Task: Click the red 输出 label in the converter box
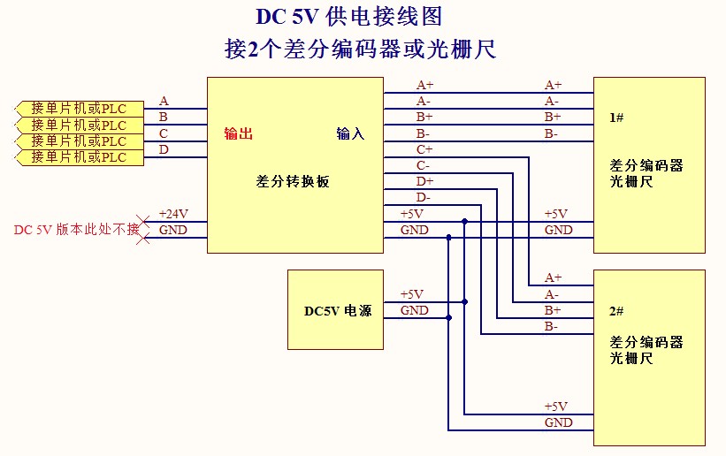point(239,134)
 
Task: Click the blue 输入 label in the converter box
point(350,134)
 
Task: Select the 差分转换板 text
point(293,181)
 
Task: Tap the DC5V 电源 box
point(336,310)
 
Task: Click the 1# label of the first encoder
point(617,118)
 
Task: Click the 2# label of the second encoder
point(617,312)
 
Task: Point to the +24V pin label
point(173,214)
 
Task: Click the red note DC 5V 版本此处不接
point(77,230)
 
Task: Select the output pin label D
point(164,149)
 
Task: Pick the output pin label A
point(164,102)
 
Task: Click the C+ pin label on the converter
point(424,149)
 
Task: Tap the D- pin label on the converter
point(424,197)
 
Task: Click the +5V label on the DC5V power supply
point(412,294)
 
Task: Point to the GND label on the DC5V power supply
point(414,310)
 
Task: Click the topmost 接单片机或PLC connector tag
point(79,109)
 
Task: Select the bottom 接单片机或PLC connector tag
point(79,157)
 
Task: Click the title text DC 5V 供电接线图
point(348,17)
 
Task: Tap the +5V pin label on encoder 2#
point(556,407)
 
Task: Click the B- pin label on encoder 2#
point(552,326)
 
